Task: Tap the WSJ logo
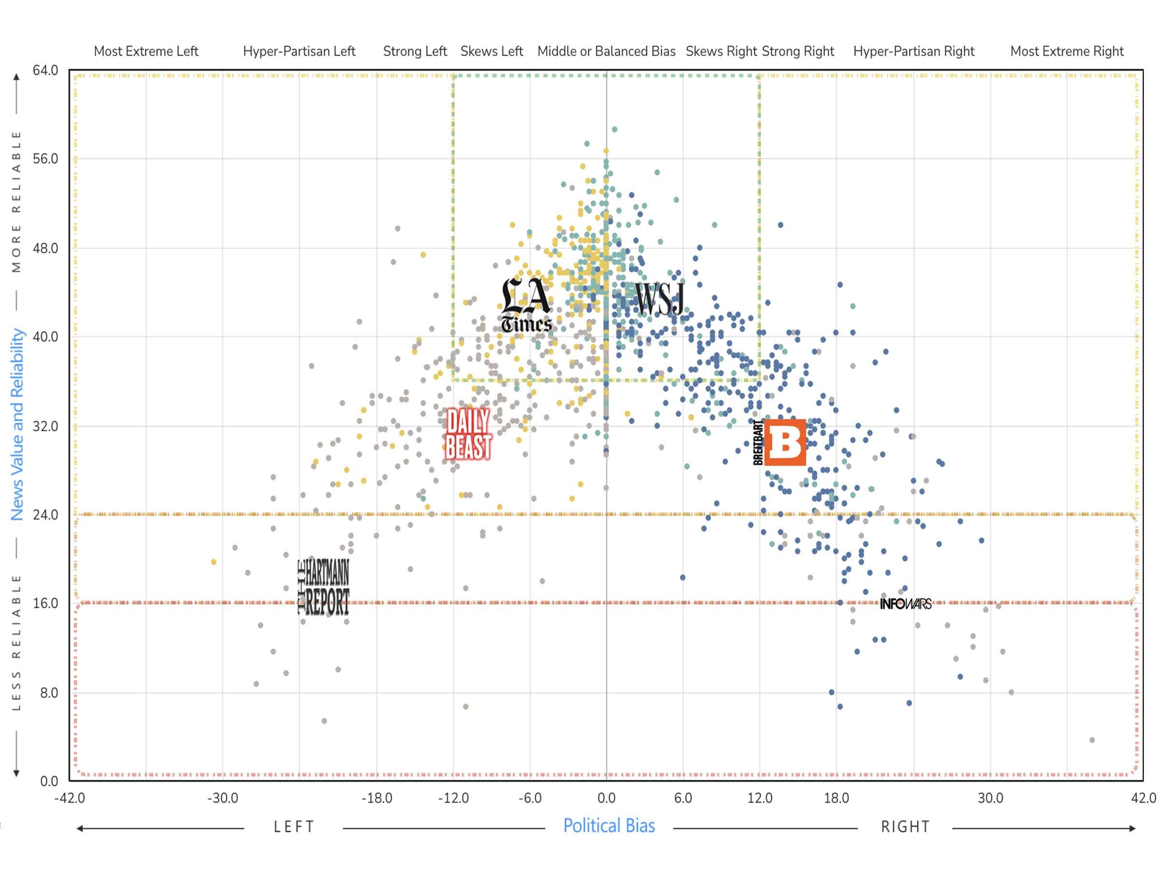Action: pos(659,298)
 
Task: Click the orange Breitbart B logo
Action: pos(784,442)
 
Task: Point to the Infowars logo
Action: pos(905,604)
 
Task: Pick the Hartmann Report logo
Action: pos(324,587)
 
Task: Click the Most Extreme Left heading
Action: pos(146,51)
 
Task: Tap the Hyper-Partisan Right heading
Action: pos(914,51)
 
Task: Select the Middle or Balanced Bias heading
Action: pos(606,51)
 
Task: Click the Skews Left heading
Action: pos(491,51)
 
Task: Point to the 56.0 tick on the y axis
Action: pos(45,159)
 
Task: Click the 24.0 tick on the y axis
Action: pos(45,514)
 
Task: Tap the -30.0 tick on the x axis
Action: pos(222,798)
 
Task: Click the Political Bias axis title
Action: pos(609,826)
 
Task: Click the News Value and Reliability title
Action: pos(17,424)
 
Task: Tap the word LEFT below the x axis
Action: pos(294,827)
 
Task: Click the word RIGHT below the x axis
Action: pos(905,827)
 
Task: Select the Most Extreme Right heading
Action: pos(1066,51)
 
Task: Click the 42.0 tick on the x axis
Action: pos(1143,798)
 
